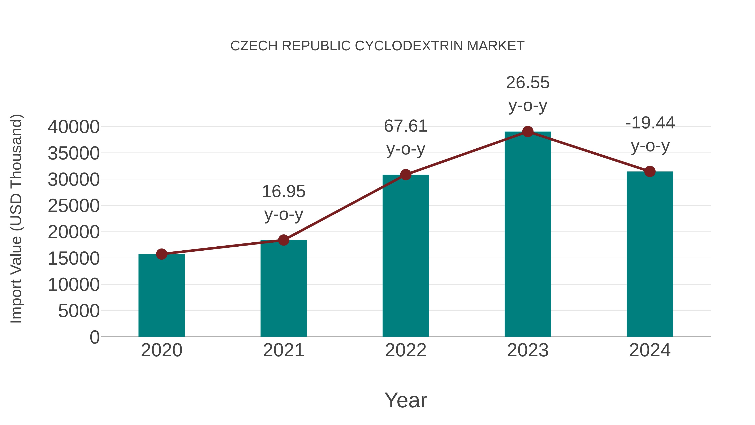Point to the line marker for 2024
650,172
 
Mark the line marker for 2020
161,254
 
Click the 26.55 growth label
528,82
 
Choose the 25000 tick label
74,206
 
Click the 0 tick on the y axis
94,337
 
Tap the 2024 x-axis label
650,350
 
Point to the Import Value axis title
16,218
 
